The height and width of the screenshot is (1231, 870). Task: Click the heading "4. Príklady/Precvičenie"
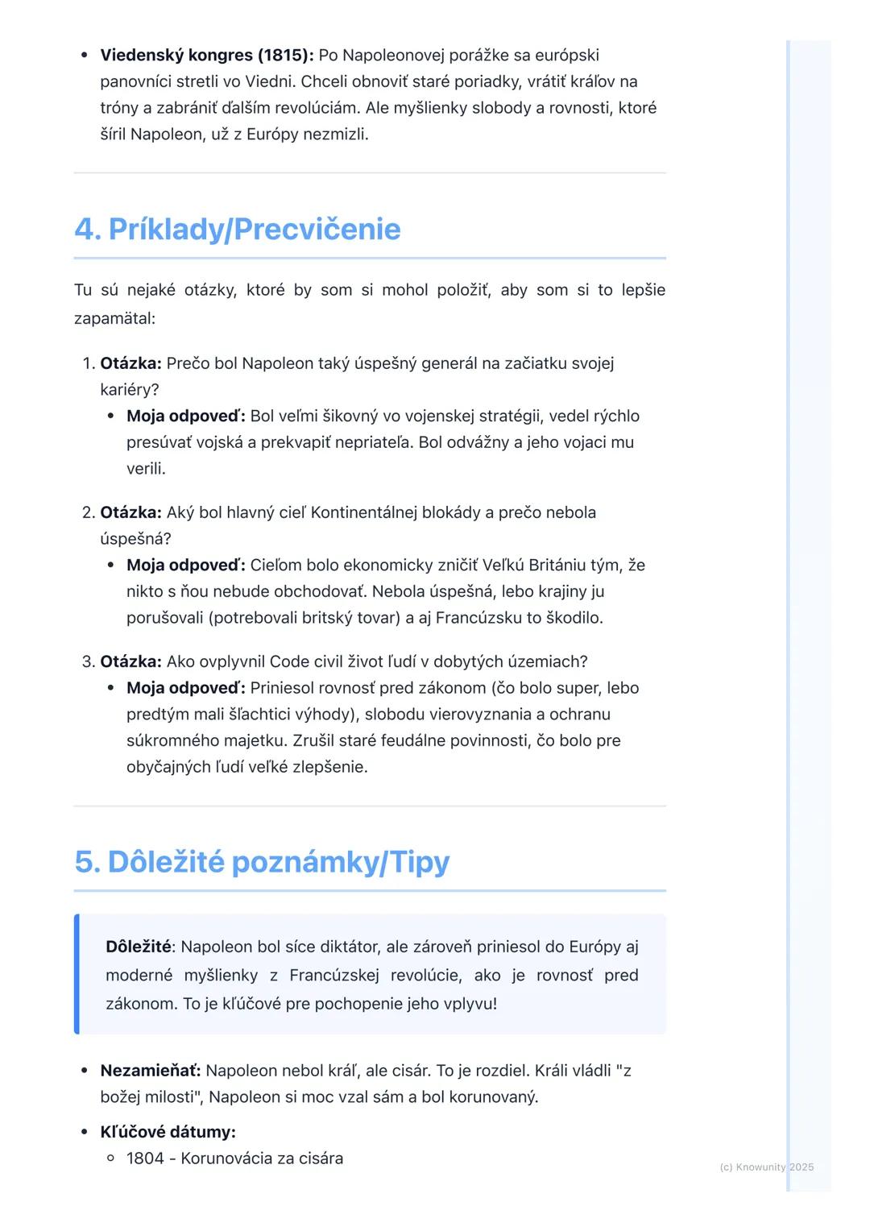point(237,230)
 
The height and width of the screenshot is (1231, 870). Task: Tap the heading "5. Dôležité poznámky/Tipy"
point(262,862)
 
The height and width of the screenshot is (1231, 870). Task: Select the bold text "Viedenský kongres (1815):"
point(207,56)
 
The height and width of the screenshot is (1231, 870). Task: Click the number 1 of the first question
point(89,363)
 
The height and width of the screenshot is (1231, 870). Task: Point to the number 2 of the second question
point(89,512)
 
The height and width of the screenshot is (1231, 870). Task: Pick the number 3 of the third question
point(89,661)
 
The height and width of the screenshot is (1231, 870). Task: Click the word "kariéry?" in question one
point(129,390)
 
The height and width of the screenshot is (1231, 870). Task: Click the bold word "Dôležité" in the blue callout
point(138,947)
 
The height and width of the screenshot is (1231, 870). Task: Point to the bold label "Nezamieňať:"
point(150,1071)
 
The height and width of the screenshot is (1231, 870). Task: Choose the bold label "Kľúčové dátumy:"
point(168,1132)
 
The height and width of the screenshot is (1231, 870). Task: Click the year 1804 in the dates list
point(145,1158)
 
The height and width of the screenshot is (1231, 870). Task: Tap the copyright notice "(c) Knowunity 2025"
point(766,1167)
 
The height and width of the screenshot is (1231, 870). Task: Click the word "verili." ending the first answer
point(146,469)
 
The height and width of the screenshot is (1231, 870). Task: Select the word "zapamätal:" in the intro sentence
point(114,318)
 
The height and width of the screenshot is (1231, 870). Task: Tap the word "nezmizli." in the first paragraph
point(335,135)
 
